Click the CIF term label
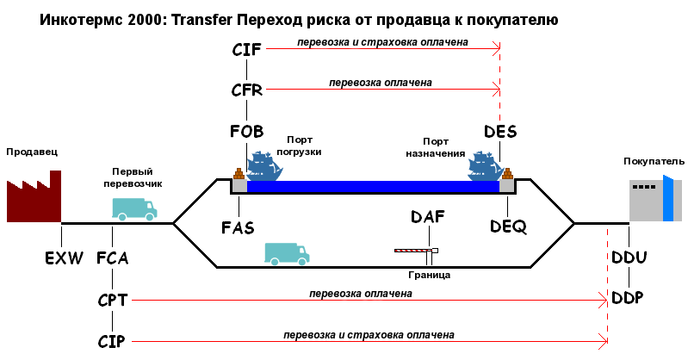tap(246, 49)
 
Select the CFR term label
tap(246, 90)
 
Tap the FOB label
tap(246, 132)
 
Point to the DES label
tap(500, 132)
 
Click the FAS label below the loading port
tap(238, 228)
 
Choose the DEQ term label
tap(507, 226)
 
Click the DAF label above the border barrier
tap(428, 217)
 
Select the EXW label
tap(64, 258)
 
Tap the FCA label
tap(112, 258)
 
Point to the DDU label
tap(629, 258)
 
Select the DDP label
tap(629, 297)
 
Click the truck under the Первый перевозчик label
tap(134, 208)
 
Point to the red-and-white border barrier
tap(416, 251)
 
